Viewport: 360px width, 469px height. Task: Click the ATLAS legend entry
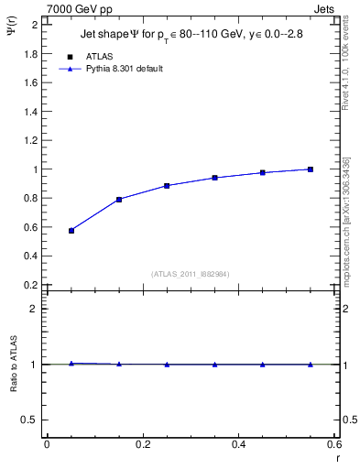[x=100, y=57]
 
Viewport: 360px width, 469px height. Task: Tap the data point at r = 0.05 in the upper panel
[x=71, y=231]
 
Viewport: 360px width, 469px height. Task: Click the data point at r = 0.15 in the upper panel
[x=119, y=199]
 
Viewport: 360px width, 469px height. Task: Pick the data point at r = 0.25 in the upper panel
[x=167, y=185]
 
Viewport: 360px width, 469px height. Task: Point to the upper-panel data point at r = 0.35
[x=214, y=178]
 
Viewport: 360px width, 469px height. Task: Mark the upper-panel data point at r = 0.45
[x=263, y=172]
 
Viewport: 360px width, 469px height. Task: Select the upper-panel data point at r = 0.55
[x=311, y=169]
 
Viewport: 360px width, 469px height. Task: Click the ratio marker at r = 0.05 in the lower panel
[x=71, y=364]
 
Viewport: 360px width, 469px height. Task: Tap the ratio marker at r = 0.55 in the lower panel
[x=311, y=365]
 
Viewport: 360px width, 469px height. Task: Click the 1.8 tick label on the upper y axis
[x=30, y=53]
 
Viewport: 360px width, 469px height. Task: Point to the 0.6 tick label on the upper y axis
[x=30, y=227]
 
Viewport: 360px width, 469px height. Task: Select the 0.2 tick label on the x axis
[x=142, y=445]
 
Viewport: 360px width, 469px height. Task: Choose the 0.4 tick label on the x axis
[x=238, y=445]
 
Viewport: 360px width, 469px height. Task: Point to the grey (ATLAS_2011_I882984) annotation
[x=191, y=274]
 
